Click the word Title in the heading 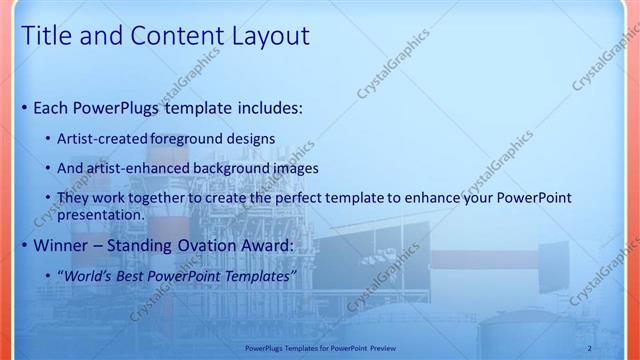(x=47, y=37)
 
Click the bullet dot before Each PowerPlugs (x=25, y=107)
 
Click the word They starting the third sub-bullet (x=74, y=198)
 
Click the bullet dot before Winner (x=25, y=244)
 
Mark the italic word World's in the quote (x=91, y=275)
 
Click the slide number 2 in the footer (x=590, y=348)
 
